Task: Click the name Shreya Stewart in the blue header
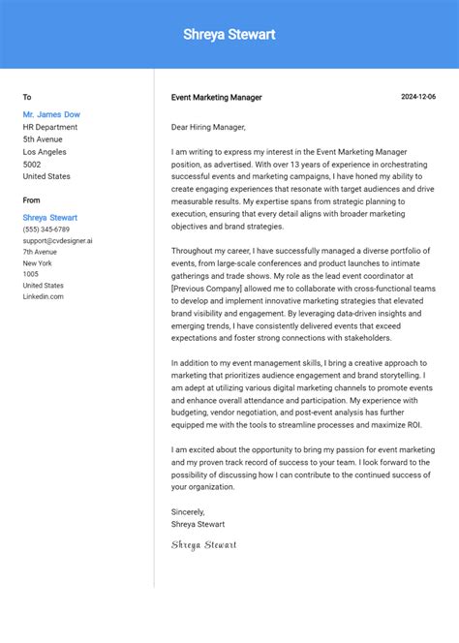[x=229, y=35]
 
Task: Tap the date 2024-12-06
[x=418, y=97]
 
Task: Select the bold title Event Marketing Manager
[x=216, y=98]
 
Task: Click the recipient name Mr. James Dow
[x=51, y=114]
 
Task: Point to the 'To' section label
[x=27, y=97]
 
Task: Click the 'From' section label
[x=32, y=200]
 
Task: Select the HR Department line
[x=50, y=127]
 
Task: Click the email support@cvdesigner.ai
[x=58, y=240]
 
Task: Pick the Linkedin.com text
[x=44, y=296]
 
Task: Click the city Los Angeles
[x=45, y=152]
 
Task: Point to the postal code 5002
[x=33, y=165]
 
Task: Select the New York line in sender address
[x=38, y=262]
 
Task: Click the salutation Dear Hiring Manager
[x=208, y=127]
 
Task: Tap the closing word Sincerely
[x=188, y=511]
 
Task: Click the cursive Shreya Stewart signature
[x=203, y=544]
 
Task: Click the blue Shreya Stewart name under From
[x=50, y=218]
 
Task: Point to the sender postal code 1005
[x=31, y=274]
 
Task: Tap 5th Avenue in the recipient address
[x=43, y=139]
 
